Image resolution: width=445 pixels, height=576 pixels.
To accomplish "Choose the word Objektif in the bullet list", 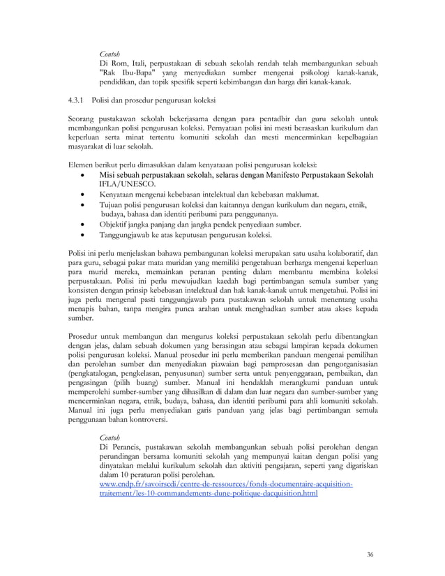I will tap(116, 225).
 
